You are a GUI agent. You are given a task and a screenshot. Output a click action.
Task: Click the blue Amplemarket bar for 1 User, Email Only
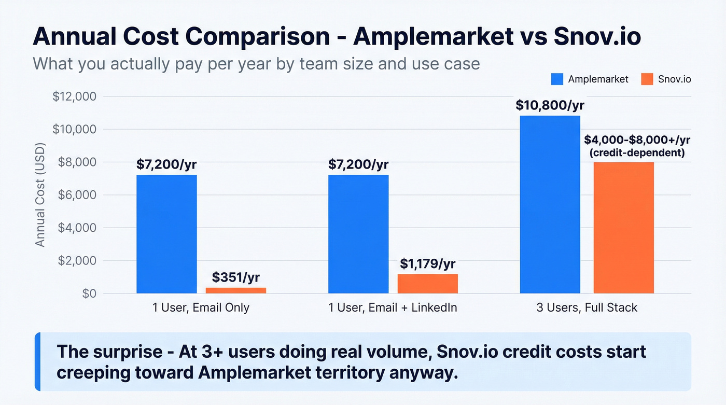click(166, 234)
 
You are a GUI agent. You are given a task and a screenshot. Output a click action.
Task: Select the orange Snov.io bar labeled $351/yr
click(236, 290)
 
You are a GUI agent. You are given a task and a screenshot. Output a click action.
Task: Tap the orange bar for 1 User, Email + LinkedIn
click(428, 284)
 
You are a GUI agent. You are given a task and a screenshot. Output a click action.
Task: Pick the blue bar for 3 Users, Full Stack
click(550, 204)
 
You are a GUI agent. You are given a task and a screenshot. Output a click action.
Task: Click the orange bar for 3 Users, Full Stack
click(623, 228)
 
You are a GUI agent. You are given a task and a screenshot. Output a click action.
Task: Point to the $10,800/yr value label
click(550, 105)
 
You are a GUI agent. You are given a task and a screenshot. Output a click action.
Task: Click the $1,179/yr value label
click(428, 263)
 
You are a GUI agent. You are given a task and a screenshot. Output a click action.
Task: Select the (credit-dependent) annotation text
click(637, 153)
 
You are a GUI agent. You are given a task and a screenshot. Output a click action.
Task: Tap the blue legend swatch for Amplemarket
click(557, 79)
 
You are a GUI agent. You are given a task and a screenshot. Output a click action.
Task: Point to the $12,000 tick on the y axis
click(75, 96)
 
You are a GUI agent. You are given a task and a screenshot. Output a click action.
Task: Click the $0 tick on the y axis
click(89, 294)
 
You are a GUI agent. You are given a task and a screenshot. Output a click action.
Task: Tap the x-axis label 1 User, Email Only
click(201, 308)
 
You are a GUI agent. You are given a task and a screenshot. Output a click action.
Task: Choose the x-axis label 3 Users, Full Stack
click(587, 308)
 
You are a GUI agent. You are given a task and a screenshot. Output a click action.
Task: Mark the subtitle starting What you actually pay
click(256, 63)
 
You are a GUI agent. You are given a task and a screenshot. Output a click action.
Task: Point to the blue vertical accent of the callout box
click(37, 361)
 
